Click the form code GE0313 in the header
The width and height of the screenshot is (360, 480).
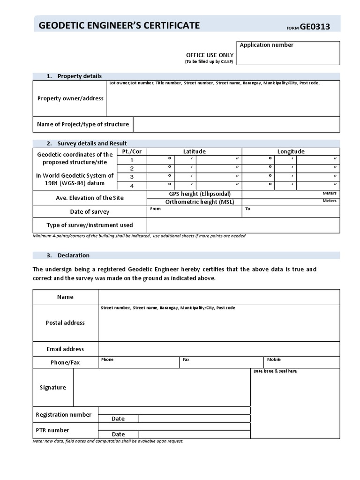(x=315, y=27)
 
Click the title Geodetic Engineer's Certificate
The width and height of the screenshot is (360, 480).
(x=119, y=25)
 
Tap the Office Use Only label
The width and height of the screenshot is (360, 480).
(x=210, y=55)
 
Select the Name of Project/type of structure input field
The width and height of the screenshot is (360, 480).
(x=236, y=124)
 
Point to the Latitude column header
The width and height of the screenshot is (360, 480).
(x=194, y=151)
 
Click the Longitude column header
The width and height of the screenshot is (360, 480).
(x=291, y=151)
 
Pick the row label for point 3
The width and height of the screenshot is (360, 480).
(x=132, y=177)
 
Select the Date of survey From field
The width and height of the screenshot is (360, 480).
(x=195, y=212)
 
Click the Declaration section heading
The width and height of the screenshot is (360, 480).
(x=73, y=255)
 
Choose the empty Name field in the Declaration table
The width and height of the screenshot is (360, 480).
(x=218, y=297)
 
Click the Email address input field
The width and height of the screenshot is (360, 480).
(x=218, y=349)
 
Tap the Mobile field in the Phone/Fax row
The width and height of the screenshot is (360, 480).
(x=301, y=362)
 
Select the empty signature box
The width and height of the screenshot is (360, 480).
(x=162, y=387)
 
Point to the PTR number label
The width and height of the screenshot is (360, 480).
(x=52, y=430)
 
